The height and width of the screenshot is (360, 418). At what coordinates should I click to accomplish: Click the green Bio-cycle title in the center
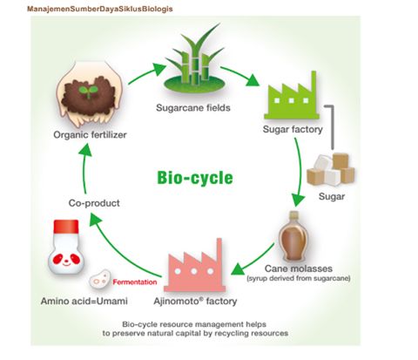point(195,178)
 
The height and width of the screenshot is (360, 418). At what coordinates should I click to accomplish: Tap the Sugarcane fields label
point(193,108)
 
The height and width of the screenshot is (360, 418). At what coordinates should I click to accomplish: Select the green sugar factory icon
point(292,95)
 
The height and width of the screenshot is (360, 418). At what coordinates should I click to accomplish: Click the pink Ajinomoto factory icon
point(195,266)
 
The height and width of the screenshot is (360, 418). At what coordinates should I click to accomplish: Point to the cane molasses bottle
point(293,236)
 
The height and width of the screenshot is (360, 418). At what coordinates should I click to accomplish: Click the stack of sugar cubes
point(331,170)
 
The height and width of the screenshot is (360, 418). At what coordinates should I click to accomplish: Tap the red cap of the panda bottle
point(66,227)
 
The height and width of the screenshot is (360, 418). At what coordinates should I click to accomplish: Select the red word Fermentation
point(135,282)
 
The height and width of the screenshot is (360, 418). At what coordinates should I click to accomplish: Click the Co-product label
point(94,203)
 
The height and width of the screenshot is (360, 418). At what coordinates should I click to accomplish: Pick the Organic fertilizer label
point(90,135)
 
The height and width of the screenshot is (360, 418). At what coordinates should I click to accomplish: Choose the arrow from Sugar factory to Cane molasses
point(299,172)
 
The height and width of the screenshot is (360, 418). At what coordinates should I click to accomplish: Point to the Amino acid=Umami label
point(84,301)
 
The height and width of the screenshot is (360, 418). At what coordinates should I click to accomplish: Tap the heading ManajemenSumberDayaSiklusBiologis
point(100,9)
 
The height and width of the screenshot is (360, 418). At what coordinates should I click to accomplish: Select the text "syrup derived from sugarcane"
point(299,278)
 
